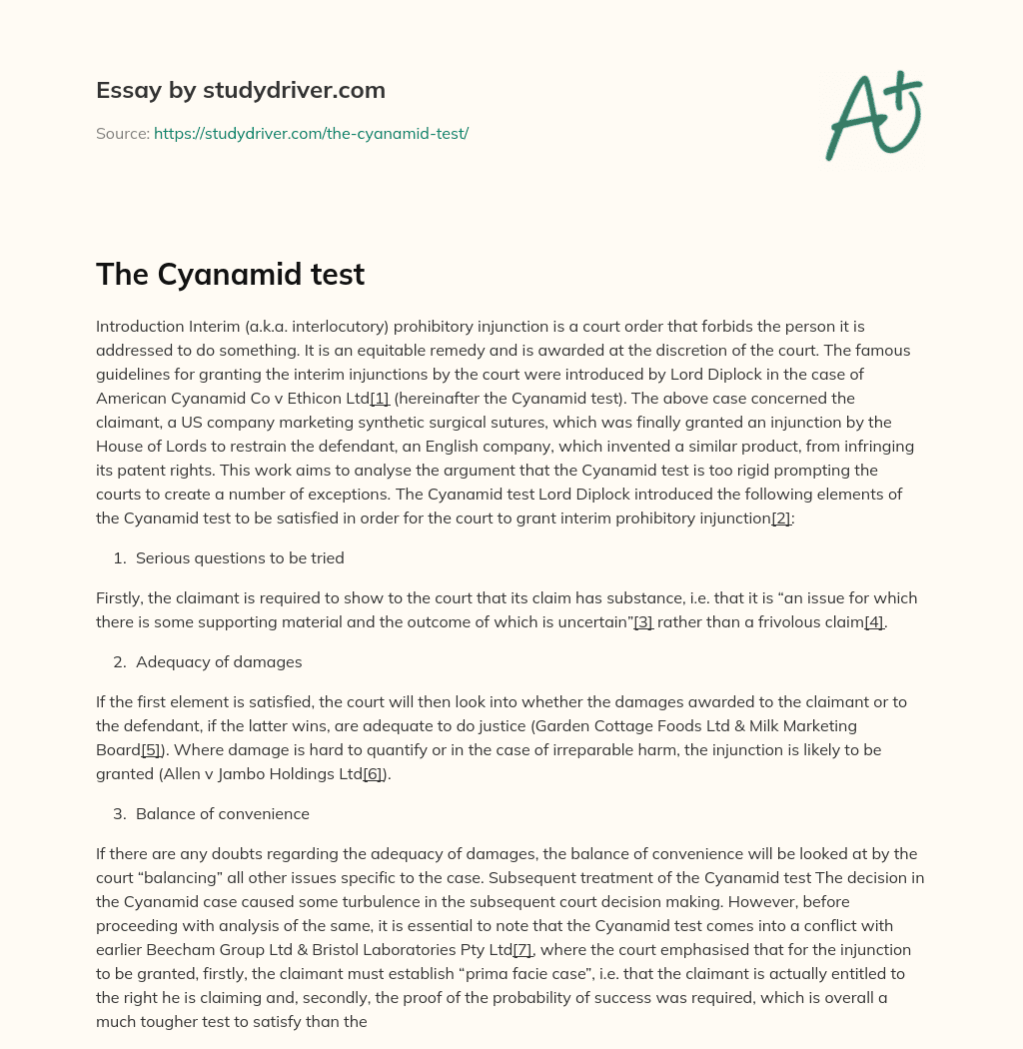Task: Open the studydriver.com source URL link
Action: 311,133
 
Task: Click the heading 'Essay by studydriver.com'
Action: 240,90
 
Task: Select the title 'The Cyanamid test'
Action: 230,275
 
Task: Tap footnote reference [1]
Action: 380,399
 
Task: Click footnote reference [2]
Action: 781,519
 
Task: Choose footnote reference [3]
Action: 643,622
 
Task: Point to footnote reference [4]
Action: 874,622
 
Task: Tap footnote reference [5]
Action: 151,750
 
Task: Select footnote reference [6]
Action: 374,774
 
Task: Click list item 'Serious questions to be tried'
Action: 240,558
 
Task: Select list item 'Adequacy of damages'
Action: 219,662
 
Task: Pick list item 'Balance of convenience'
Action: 223,814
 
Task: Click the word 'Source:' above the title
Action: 123,133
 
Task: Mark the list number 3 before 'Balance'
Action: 119,814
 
